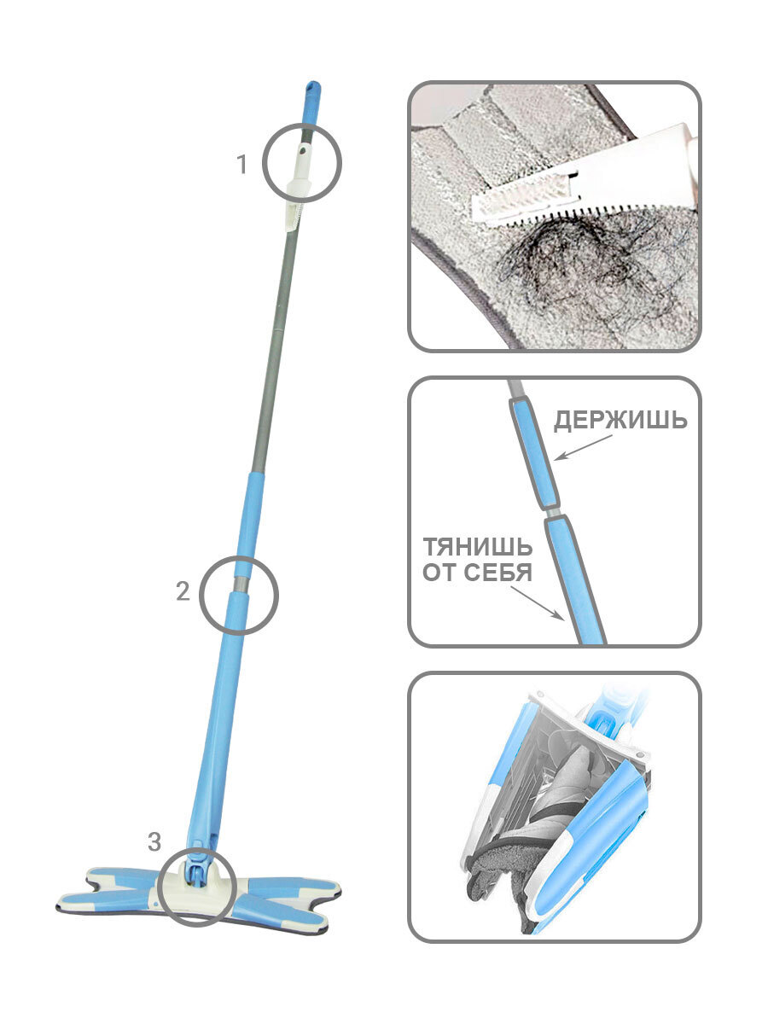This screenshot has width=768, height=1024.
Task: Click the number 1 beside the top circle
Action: pos(241,164)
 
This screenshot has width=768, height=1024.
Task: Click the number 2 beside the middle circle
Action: pos(183,591)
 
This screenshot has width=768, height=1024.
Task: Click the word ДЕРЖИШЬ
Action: pos(620,421)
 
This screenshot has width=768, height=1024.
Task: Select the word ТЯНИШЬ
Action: pos(478,547)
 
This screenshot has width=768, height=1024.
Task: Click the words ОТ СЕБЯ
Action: pos(477,573)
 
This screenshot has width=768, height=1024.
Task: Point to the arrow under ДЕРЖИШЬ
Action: pos(583,448)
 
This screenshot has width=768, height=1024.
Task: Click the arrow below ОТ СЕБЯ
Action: pos(538,602)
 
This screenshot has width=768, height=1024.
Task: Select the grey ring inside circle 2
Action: pos(241,584)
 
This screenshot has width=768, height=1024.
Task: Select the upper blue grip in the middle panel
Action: pos(535,452)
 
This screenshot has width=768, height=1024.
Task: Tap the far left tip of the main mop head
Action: pos(58,906)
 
